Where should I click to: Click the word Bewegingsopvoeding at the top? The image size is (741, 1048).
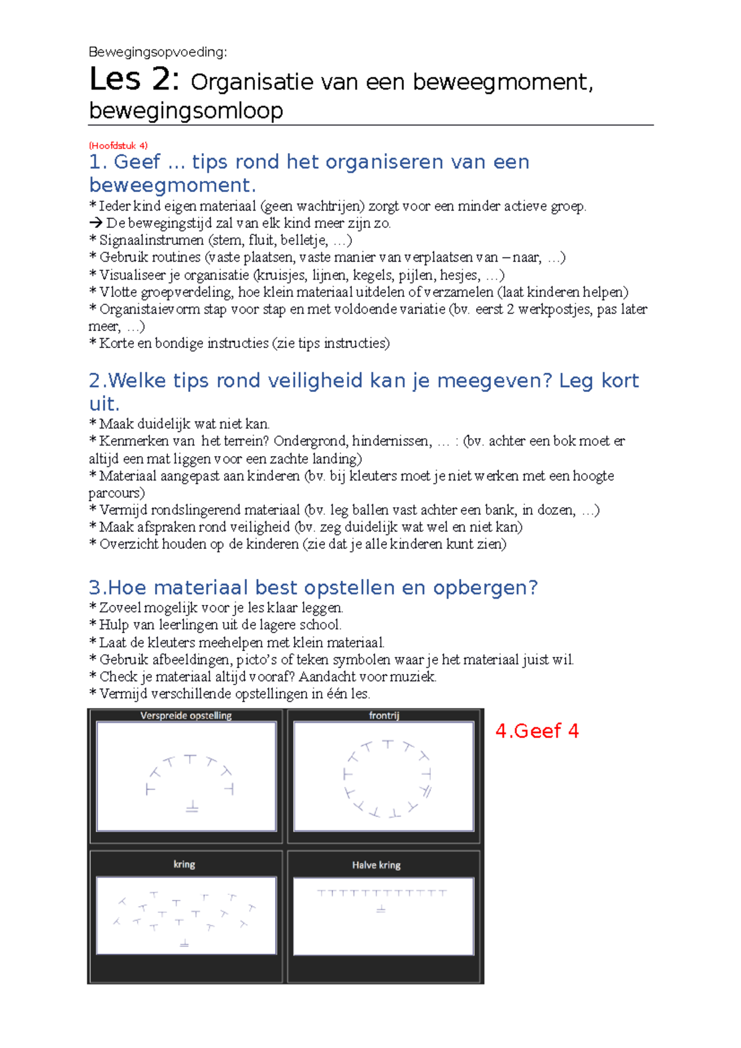(x=157, y=52)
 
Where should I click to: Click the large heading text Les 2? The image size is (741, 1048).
(x=135, y=80)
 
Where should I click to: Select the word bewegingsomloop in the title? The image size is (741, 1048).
(x=186, y=110)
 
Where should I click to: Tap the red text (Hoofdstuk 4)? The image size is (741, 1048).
(x=119, y=146)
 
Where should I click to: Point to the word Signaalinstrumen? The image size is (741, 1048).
(x=151, y=240)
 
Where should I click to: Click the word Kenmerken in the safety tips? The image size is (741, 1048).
(x=129, y=441)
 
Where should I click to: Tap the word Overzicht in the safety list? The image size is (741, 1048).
(x=127, y=544)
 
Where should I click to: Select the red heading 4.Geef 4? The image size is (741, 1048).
(x=537, y=731)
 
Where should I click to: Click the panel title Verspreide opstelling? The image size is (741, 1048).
(x=186, y=716)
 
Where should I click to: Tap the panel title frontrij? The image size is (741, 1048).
(x=384, y=716)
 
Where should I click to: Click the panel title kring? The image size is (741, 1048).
(x=184, y=865)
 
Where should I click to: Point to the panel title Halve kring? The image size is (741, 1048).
(x=376, y=865)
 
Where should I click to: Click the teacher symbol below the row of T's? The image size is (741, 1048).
(x=381, y=909)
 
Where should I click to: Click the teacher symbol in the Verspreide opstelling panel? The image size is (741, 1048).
(x=192, y=807)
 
